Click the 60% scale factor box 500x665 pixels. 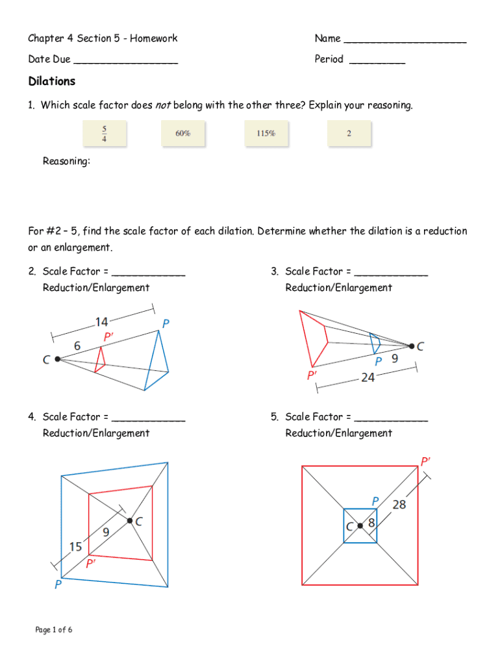coord(182,134)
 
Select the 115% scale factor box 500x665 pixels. coord(266,134)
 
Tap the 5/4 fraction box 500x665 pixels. coord(104,133)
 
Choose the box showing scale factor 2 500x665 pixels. coord(349,134)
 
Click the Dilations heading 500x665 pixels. coord(52,81)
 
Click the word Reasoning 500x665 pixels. coord(66,161)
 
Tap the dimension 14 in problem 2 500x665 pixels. coord(102,321)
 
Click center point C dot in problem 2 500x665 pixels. coord(58,358)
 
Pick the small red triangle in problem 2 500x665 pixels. coord(99,360)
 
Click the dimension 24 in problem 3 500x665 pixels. coord(368,377)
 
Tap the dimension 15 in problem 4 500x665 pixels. coord(76,547)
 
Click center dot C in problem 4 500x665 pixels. coord(130,520)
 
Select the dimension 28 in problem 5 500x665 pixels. coord(399,504)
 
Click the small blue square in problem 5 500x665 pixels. coord(360,525)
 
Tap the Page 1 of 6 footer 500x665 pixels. coord(54,629)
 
